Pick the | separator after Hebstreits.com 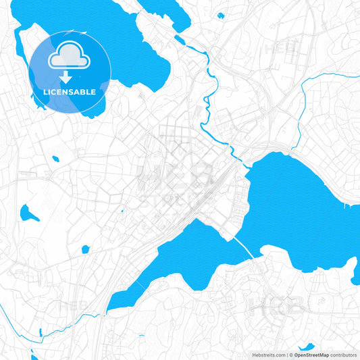coord(286,354)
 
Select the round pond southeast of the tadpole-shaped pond coord(85,249)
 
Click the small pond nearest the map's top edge coord(220,15)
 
